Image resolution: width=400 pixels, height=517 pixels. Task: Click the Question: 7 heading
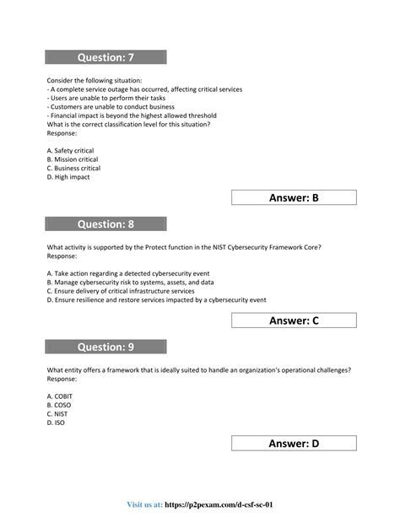(105, 57)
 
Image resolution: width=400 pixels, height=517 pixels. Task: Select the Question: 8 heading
(105, 223)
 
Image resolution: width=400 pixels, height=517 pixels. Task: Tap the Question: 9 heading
(105, 347)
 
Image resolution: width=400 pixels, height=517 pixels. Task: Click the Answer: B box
(293, 197)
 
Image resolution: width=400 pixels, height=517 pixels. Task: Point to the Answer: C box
(293, 320)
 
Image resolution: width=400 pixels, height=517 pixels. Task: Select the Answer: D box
(293, 444)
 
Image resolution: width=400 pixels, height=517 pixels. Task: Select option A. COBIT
(62, 396)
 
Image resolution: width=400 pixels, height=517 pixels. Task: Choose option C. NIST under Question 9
(60, 414)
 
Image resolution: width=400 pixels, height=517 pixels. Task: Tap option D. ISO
(58, 423)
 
